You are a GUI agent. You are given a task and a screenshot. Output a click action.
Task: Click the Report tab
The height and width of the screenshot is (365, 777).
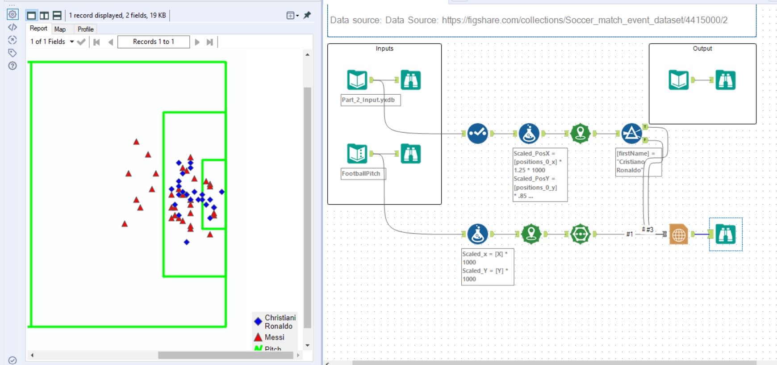[x=38, y=29]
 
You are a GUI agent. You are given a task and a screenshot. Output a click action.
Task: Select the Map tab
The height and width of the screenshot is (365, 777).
[x=60, y=29]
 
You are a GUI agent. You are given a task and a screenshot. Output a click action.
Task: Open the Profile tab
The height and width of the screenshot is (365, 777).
[x=85, y=29]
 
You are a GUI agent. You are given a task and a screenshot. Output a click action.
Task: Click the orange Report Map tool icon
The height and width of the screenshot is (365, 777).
[x=678, y=234]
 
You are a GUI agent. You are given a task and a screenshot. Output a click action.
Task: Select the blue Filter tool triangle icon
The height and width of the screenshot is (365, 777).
[x=631, y=134]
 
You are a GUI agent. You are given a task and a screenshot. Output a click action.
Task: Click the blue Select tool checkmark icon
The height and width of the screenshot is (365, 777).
[x=477, y=134]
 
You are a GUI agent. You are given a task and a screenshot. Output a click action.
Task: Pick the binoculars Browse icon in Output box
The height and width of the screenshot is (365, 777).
[x=725, y=80]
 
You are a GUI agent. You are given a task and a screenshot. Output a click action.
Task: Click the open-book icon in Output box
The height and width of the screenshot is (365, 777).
[x=679, y=80]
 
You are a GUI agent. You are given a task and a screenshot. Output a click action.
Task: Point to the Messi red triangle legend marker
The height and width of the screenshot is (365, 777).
[x=258, y=337]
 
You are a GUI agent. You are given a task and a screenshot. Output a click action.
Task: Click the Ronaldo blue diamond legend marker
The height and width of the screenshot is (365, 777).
[x=258, y=321]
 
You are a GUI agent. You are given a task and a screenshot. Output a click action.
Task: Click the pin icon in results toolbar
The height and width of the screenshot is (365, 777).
[x=307, y=15]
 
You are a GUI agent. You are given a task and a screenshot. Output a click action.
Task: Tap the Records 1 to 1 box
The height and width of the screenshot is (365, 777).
[x=153, y=42]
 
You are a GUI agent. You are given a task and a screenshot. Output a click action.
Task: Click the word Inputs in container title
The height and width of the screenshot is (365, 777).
[x=384, y=49]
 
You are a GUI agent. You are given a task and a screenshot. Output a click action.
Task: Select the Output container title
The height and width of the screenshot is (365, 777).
[x=702, y=49]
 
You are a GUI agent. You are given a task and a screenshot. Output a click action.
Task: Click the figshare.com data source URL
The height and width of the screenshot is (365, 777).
[x=585, y=21]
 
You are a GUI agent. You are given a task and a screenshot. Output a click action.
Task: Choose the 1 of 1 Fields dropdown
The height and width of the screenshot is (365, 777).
[x=52, y=42]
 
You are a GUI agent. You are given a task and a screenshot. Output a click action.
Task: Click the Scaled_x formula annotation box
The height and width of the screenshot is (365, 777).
[x=488, y=267]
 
